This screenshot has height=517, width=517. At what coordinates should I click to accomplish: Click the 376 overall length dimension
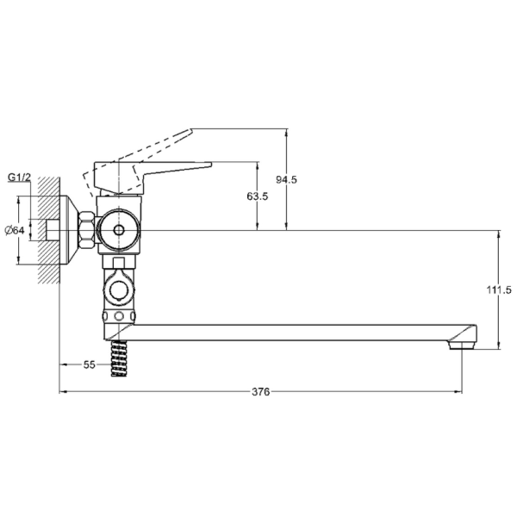(x=261, y=391)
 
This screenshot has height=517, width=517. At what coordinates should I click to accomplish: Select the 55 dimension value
(x=89, y=364)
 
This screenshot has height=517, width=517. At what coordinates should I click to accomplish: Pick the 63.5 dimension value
(x=257, y=196)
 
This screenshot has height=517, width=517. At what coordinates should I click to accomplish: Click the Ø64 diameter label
(x=15, y=230)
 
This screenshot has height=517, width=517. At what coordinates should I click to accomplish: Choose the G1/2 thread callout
(x=19, y=178)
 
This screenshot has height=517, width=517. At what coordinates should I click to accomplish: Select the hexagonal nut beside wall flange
(x=88, y=230)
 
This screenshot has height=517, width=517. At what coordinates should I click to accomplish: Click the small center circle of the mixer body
(x=117, y=230)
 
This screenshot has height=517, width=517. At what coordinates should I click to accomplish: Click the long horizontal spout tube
(x=293, y=332)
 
